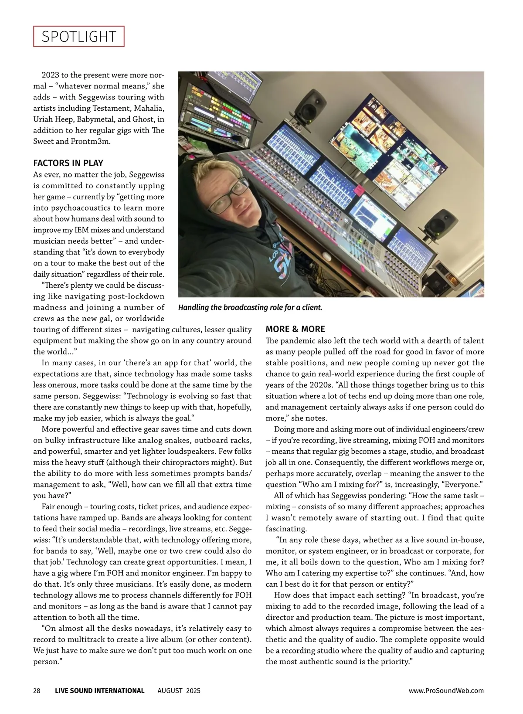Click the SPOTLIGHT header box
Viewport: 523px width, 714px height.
pyautogui.click(x=79, y=37)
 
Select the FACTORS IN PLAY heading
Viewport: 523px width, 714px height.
pyautogui.click(x=68, y=163)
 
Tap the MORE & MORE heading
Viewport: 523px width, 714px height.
pyautogui.click(x=295, y=329)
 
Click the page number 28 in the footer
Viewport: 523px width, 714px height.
pyautogui.click(x=37, y=690)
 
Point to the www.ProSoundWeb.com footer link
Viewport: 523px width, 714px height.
pyautogui.click(x=446, y=690)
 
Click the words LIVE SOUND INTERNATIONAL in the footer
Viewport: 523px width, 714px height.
pyautogui.click(x=99, y=690)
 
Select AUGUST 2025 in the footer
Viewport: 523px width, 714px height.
pyautogui.click(x=179, y=690)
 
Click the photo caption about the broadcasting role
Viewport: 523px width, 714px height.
pyautogui.click(x=250, y=307)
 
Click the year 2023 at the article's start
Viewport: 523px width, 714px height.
pyautogui.click(x=50, y=75)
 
